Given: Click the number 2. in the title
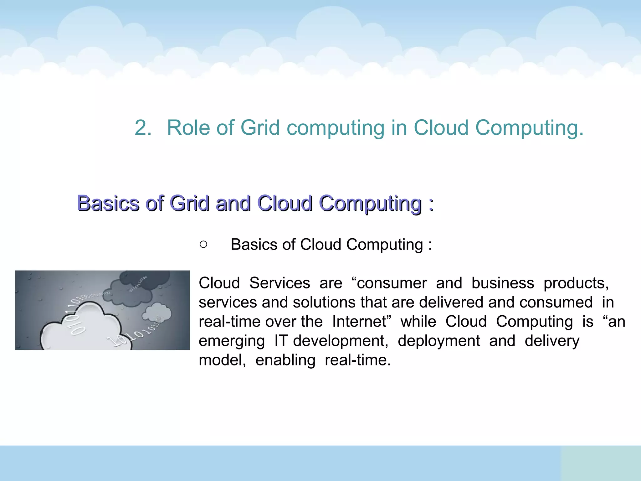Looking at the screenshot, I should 143,128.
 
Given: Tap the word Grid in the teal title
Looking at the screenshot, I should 260,128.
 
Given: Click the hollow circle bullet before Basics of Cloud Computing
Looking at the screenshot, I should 203,245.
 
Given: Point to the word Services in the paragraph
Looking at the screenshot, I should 279,283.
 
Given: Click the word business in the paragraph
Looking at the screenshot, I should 503,283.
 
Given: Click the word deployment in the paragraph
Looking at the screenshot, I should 438,341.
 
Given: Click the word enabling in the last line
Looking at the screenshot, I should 285,360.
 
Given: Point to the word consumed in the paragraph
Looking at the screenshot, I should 556,303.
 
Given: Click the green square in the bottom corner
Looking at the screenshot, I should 601,463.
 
